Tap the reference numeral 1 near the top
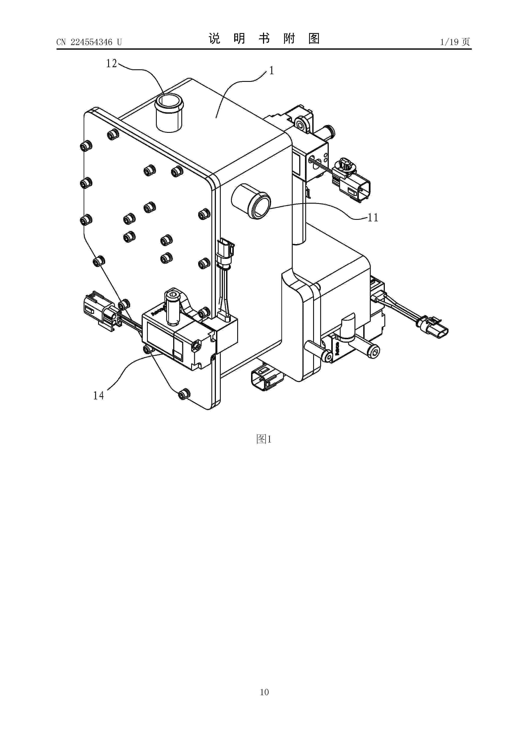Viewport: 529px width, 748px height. [x=271, y=70]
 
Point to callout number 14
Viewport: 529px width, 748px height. [x=98, y=396]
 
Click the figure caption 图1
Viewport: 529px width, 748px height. [x=264, y=439]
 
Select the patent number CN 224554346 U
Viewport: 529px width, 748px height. [x=89, y=42]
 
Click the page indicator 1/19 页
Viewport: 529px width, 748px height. [x=455, y=42]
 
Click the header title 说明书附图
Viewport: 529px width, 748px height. [x=264, y=39]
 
